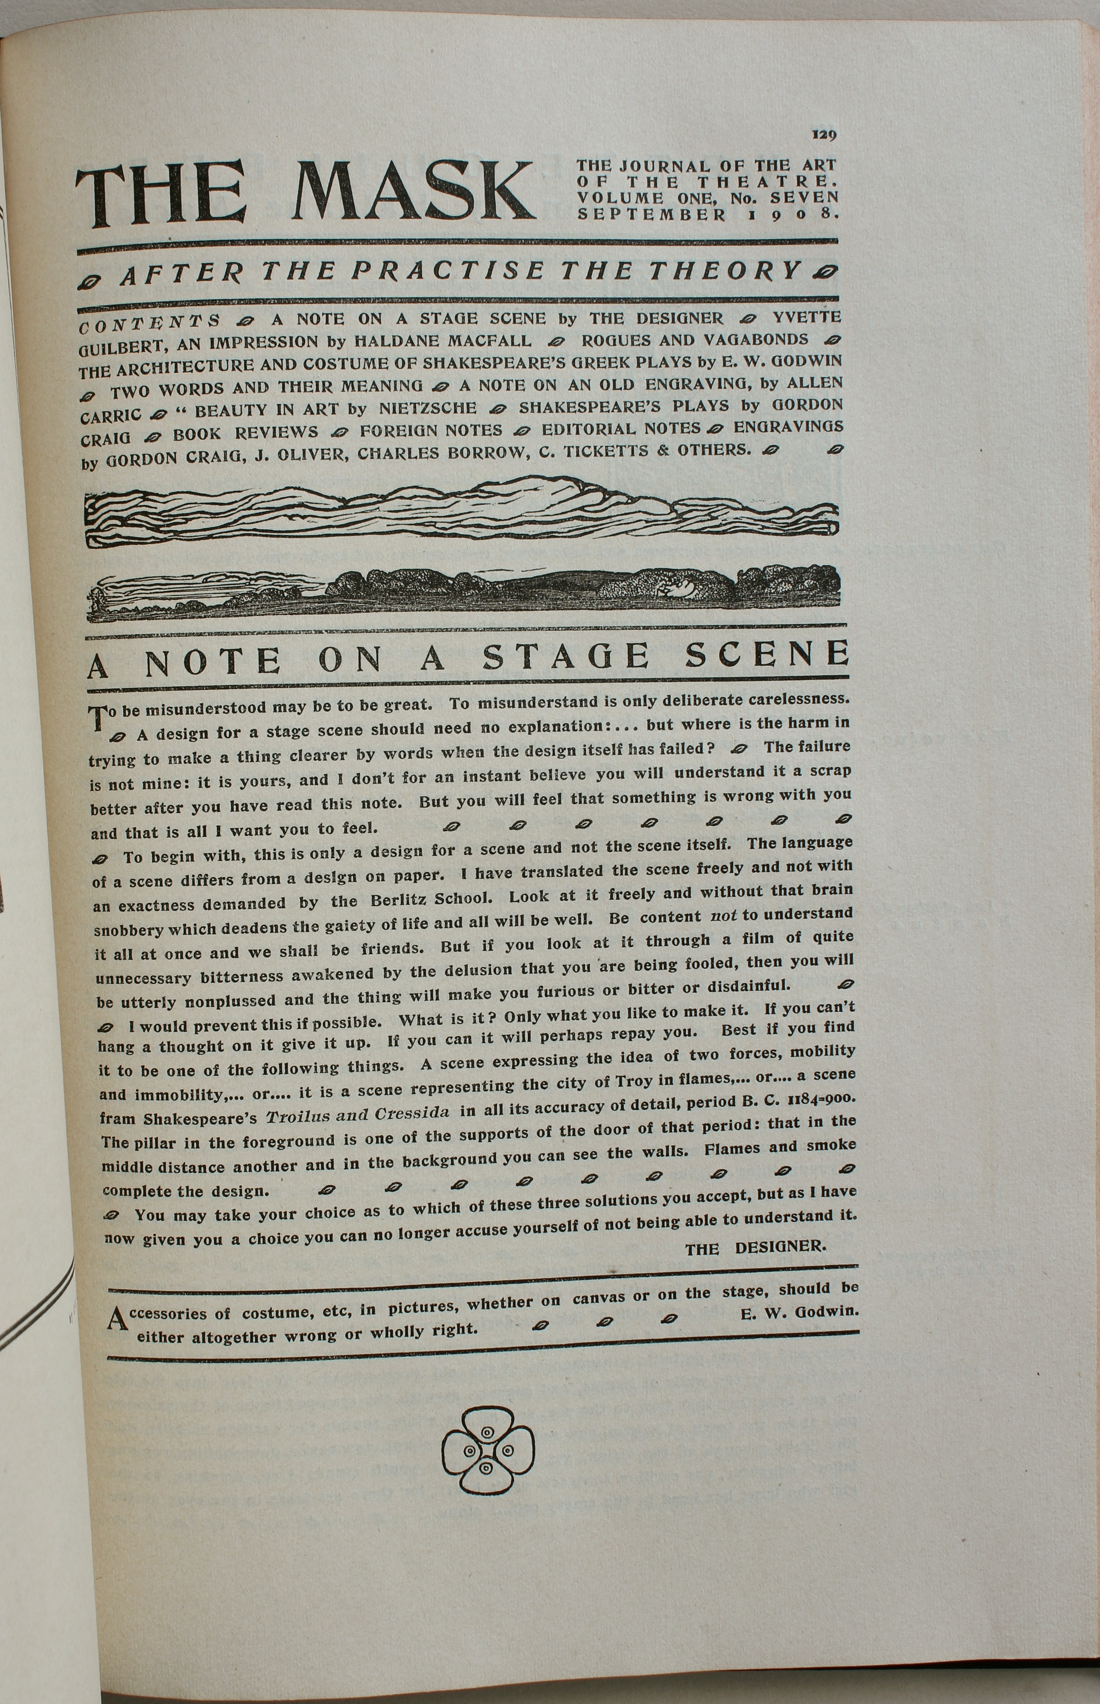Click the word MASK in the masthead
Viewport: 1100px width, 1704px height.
point(414,192)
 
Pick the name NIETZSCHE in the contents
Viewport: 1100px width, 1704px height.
point(427,409)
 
